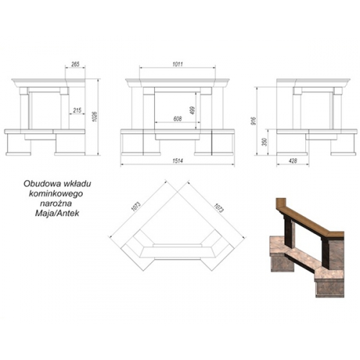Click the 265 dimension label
pyautogui.click(x=75, y=64)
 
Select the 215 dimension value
pyautogui.click(x=77, y=110)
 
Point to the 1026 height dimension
pyautogui.click(x=94, y=117)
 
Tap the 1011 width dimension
pyautogui.click(x=177, y=64)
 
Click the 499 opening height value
pyautogui.click(x=192, y=110)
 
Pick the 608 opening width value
pyautogui.click(x=177, y=119)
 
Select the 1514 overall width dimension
pyautogui.click(x=177, y=161)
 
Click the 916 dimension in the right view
pyautogui.click(x=254, y=121)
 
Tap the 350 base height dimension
pyautogui.click(x=265, y=142)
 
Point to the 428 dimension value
pyautogui.click(x=293, y=161)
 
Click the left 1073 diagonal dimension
pyautogui.click(x=136, y=207)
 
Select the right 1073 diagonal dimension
pyautogui.click(x=219, y=208)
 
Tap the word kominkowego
pyautogui.click(x=56, y=194)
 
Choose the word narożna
pyautogui.click(x=55, y=203)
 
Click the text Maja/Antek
pyautogui.click(x=57, y=213)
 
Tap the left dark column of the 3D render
pyautogui.click(x=288, y=232)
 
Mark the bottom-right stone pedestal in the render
pyautogui.click(x=330, y=287)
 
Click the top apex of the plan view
pyautogui.click(x=177, y=192)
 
